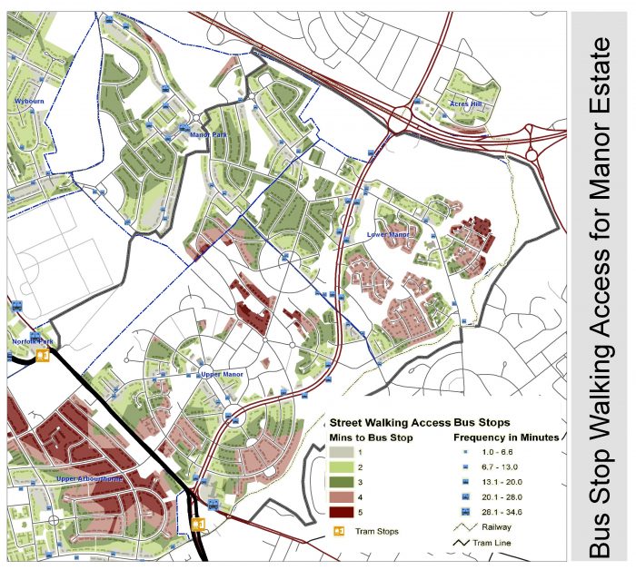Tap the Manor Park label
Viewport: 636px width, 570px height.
coord(208,135)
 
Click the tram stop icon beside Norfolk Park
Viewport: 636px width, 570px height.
coord(42,356)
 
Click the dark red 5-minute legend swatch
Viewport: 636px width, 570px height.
coord(342,514)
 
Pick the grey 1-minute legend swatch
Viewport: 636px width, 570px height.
coord(342,452)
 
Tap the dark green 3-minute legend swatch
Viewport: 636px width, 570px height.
coord(342,483)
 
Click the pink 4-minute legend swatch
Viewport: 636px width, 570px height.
coord(342,498)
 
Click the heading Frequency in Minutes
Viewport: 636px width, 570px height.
coord(506,437)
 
